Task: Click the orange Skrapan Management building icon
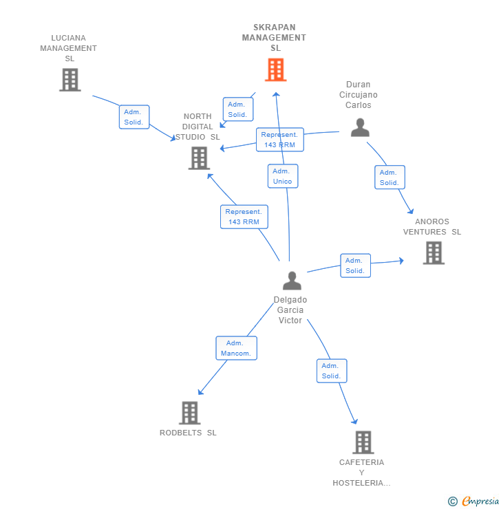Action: (x=275, y=69)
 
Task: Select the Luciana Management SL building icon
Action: (x=70, y=80)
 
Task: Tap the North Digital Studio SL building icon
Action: (x=199, y=158)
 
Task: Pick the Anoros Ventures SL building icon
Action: (x=434, y=252)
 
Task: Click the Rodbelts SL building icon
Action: (x=189, y=413)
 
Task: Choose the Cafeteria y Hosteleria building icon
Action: (x=363, y=442)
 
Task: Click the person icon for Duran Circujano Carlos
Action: (x=360, y=127)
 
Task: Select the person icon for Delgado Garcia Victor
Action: (x=292, y=281)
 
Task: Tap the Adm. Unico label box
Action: (x=282, y=176)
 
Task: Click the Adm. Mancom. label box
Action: (x=237, y=348)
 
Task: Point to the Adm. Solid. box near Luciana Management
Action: (x=134, y=117)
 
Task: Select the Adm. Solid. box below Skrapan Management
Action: (x=237, y=109)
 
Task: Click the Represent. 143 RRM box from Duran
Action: (x=279, y=140)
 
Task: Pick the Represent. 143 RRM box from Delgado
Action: (x=244, y=217)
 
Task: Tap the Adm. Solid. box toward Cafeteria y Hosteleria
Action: (x=331, y=371)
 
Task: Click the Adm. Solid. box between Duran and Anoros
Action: (x=390, y=177)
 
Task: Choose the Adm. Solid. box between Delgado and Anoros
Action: (x=355, y=266)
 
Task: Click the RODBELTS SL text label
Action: (x=188, y=433)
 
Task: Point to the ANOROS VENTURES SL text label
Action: (x=432, y=226)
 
